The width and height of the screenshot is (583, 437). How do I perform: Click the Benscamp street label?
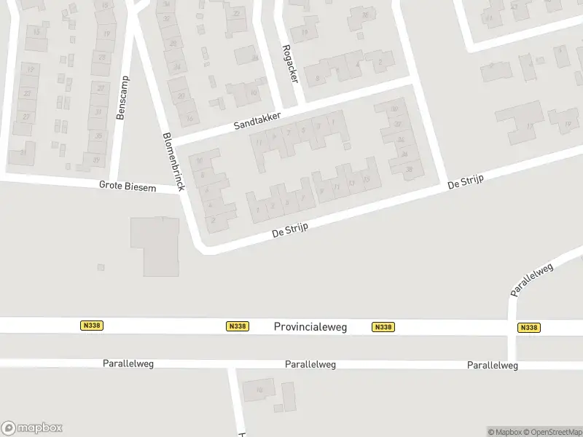click(122, 98)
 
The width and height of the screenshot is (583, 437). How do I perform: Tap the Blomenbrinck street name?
click(174, 161)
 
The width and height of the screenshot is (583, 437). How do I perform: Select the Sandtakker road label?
click(257, 120)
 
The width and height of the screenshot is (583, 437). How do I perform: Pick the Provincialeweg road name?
click(310, 328)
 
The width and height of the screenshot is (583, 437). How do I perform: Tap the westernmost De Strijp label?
click(290, 231)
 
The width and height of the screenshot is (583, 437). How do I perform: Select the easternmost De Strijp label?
click(466, 182)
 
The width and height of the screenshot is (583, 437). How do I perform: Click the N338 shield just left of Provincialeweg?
click(237, 327)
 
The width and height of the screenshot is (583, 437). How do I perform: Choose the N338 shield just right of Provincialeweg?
click(383, 328)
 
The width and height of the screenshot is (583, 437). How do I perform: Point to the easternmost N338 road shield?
click(528, 328)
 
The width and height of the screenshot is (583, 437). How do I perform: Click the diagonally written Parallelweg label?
click(532, 280)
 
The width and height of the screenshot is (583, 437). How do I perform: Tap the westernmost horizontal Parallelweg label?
click(128, 363)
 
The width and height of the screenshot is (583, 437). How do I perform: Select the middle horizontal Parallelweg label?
click(310, 364)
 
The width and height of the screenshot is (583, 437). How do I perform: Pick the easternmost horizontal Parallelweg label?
click(493, 366)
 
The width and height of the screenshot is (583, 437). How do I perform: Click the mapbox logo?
click(32, 428)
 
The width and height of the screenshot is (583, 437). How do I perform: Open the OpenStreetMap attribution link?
click(556, 432)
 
